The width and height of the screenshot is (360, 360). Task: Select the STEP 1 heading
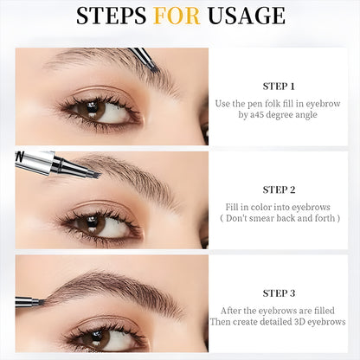coord(279,86)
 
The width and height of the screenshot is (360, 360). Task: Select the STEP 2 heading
coord(279,189)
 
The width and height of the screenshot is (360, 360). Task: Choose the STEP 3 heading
coord(279,292)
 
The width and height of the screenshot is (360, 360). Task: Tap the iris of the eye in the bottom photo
coord(100,337)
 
